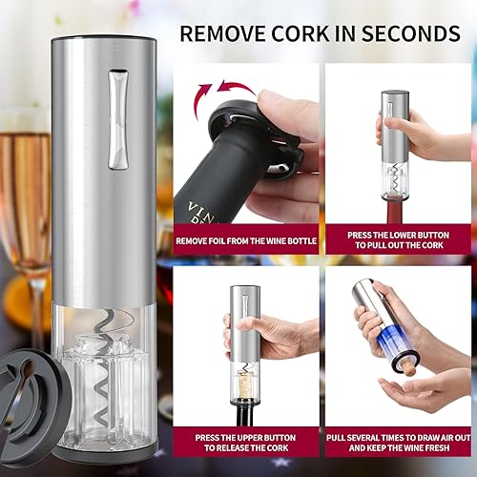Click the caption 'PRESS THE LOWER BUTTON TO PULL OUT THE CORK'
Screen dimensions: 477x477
pos(393,239)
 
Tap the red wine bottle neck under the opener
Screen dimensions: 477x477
pos(394,212)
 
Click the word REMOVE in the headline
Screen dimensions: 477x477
pos(221,34)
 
